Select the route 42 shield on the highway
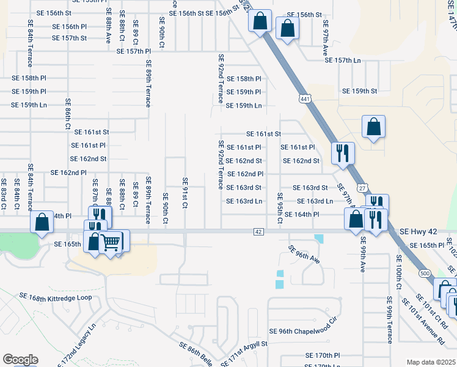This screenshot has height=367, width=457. [258, 232]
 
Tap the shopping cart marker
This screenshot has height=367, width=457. [112, 242]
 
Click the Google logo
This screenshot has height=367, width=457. [20, 360]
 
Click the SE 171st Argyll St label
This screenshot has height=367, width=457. [244, 354]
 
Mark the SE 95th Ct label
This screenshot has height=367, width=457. [279, 208]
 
